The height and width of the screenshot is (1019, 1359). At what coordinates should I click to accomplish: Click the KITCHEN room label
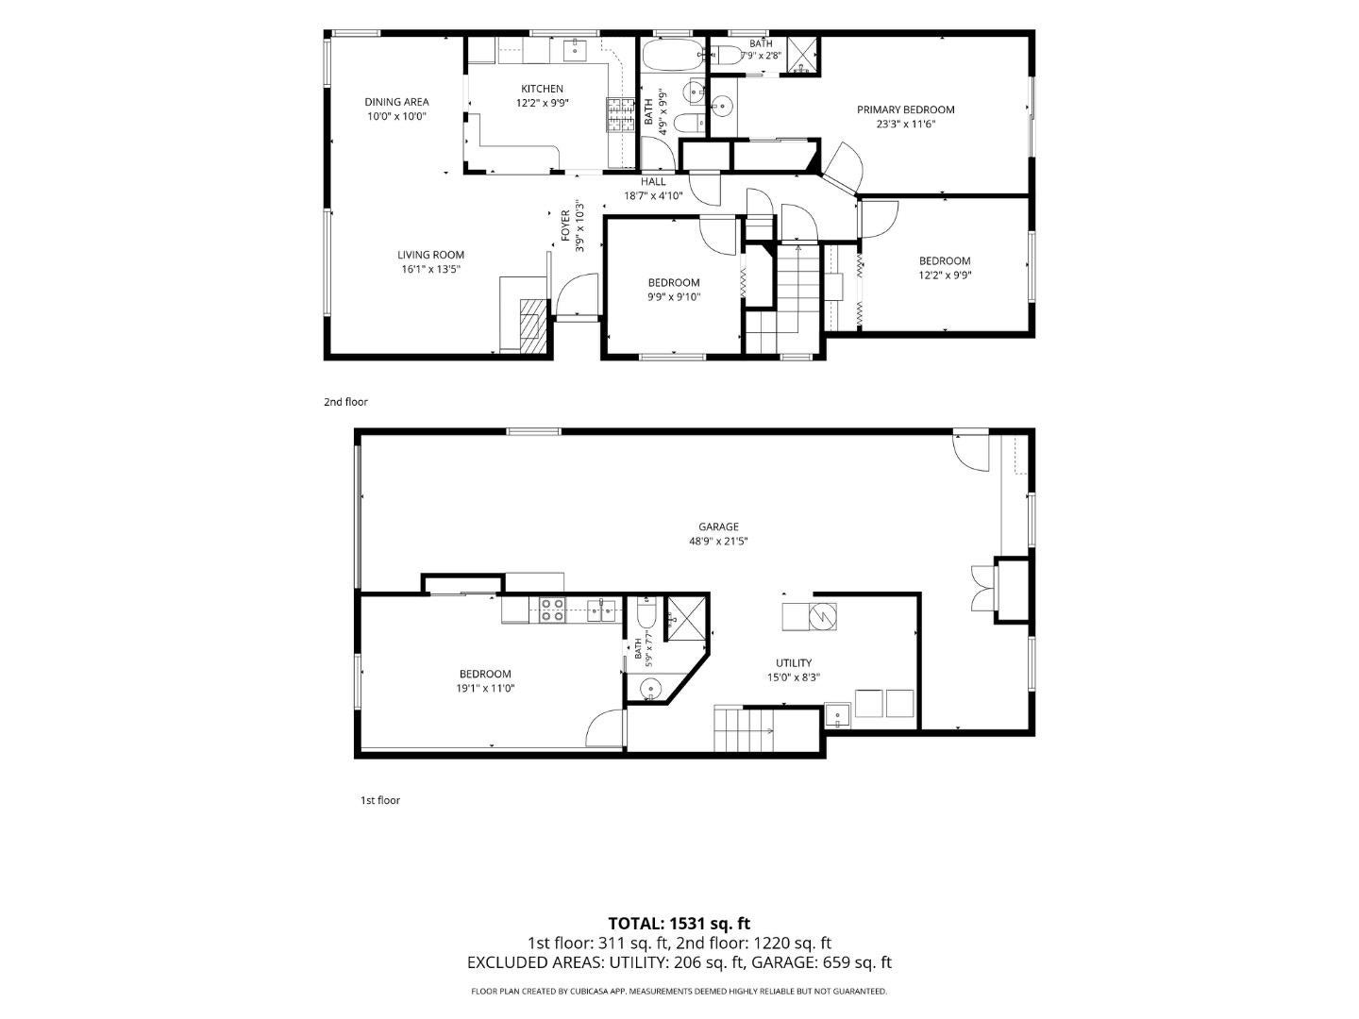click(x=542, y=89)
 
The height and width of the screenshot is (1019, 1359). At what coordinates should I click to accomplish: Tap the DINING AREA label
click(x=396, y=102)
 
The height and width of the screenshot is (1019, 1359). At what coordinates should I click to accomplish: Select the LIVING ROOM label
click(x=430, y=255)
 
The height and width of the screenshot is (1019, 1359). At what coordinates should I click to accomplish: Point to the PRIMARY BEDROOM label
click(x=905, y=109)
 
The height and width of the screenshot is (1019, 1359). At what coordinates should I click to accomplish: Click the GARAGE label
click(x=718, y=526)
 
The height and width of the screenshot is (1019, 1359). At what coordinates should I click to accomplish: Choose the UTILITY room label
click(x=794, y=662)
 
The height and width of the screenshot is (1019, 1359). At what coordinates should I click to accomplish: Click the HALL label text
click(x=653, y=181)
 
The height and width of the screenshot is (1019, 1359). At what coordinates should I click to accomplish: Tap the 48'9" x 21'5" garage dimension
click(x=718, y=541)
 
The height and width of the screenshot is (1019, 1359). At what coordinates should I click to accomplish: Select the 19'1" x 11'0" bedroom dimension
click(x=485, y=688)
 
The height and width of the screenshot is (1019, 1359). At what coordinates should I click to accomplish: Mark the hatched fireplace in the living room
click(x=534, y=326)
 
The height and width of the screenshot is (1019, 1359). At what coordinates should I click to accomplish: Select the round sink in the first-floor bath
click(x=650, y=688)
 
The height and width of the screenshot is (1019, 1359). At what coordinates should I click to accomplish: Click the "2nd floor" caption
click(x=345, y=402)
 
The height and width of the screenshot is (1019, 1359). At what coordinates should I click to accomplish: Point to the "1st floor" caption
click(x=380, y=801)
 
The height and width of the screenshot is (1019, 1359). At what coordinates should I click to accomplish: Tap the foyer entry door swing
click(x=577, y=294)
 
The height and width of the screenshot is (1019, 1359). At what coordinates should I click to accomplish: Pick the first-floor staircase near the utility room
click(x=747, y=730)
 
